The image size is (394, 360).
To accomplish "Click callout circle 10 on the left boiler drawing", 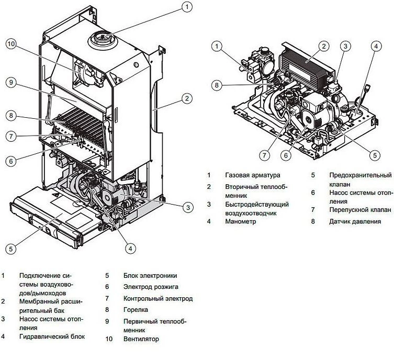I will (12, 43).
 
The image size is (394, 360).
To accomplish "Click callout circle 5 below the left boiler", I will (12, 248).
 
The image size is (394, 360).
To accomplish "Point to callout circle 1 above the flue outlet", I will (186, 7).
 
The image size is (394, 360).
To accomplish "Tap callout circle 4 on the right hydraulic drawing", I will (375, 46).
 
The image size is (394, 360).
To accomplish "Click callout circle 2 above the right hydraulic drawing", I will (324, 46).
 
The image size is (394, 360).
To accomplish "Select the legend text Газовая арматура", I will (253, 175).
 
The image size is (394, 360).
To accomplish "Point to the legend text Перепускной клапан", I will (360, 210).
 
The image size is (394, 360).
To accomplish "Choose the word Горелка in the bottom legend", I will (136, 310).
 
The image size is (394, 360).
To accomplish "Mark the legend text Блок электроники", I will (150, 275).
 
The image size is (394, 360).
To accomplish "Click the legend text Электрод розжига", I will (151, 287).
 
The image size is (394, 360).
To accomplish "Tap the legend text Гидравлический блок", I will (51, 336).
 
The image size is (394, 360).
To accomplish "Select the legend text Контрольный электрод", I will (158, 298).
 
